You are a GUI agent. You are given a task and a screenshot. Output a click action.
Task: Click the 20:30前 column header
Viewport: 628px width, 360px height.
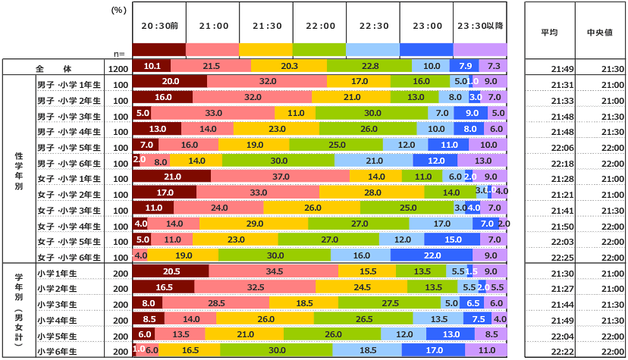159,25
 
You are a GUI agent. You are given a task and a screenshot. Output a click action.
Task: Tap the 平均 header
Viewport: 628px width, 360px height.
549,33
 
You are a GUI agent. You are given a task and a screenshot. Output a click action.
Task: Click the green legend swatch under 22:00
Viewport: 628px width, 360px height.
319,49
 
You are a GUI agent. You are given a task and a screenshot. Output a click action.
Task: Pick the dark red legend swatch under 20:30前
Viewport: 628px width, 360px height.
159,49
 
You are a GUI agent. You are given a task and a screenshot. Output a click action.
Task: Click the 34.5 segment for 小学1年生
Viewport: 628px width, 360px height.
274,271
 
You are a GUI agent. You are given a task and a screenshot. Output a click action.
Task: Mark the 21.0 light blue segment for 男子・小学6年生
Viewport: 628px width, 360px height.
374,161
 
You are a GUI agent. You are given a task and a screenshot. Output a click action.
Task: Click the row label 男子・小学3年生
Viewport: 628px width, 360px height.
69,114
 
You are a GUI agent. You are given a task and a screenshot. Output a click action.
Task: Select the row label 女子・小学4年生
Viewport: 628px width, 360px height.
69,225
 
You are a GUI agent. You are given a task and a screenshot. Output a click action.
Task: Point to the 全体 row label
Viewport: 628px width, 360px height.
52,67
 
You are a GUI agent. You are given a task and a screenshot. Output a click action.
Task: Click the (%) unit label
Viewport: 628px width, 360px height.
118,11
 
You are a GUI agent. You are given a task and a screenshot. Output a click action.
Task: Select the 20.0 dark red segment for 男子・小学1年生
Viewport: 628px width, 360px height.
170,81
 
